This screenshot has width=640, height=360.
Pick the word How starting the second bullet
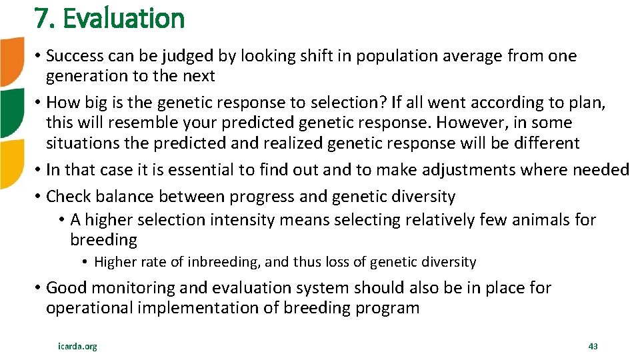pyautogui.click(x=61, y=103)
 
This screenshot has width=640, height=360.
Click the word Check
pyautogui.click(x=69, y=196)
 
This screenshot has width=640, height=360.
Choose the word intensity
pyautogui.click(x=241, y=219)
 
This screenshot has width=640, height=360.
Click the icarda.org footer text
pyautogui.click(x=77, y=346)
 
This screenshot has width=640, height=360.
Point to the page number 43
pyautogui.click(x=593, y=346)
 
